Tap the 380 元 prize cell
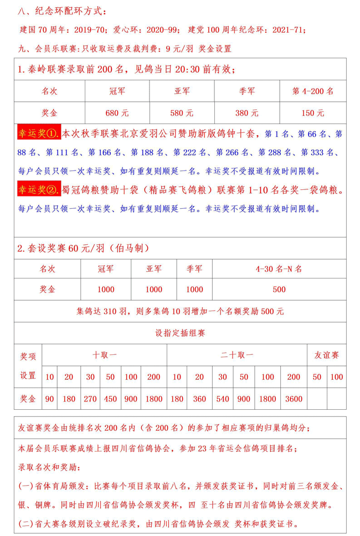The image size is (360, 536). [246, 113]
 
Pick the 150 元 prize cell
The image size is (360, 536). [313, 113]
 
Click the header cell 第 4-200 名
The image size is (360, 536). [313, 91]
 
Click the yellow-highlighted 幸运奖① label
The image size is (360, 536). [39, 134]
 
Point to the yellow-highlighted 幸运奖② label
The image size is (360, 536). [39, 191]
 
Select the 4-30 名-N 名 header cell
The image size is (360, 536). [279, 269]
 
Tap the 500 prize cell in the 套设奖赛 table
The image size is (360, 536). [279, 290]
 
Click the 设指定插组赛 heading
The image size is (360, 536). [181, 333]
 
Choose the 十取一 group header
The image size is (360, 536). [105, 355]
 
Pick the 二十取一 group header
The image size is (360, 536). [237, 355]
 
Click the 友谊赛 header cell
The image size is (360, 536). [326, 355]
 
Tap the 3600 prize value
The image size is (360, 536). [294, 399]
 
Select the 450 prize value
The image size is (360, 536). [111, 399]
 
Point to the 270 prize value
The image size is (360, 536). [90, 399]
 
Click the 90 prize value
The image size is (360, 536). [50, 399]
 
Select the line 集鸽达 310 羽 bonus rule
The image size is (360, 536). [181, 311]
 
